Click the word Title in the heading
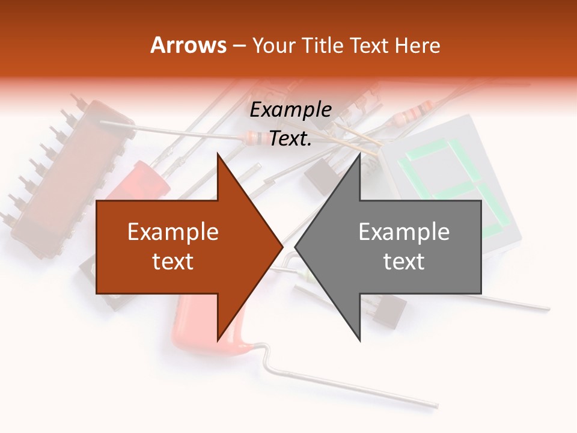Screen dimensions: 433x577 323,45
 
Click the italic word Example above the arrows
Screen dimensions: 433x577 291,110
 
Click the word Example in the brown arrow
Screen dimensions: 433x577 173,232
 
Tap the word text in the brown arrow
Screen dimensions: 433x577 173,262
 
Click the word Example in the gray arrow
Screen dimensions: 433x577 404,232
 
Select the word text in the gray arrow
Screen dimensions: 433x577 404,262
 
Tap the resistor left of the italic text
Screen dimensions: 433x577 255,138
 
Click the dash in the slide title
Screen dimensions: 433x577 239,46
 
